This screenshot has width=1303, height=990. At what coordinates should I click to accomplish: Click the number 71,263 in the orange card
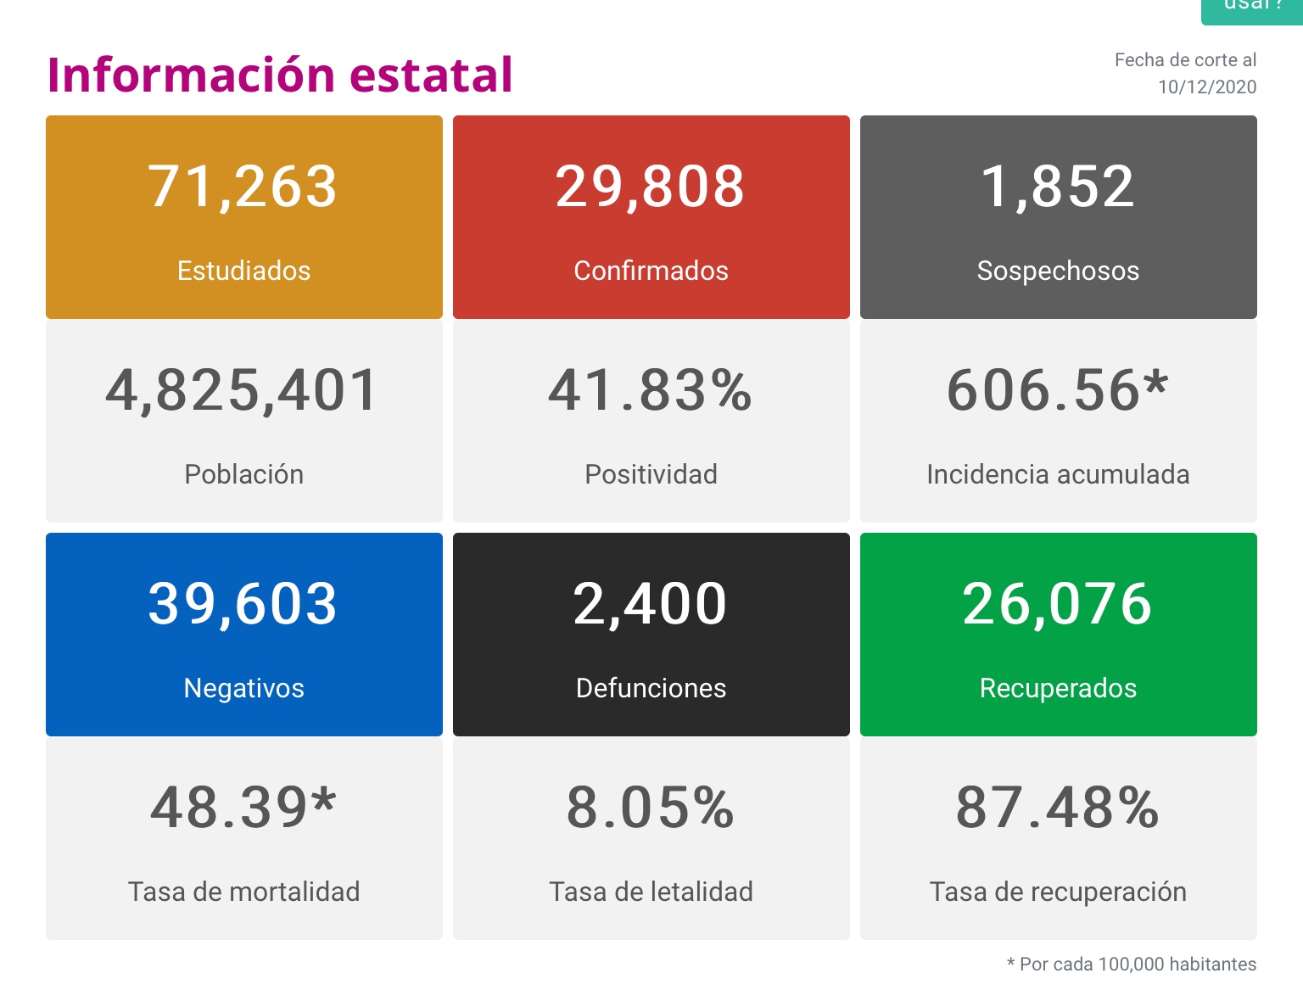243,187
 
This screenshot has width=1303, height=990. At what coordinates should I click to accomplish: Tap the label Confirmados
651,271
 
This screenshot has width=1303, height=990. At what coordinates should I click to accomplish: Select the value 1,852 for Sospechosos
1058,187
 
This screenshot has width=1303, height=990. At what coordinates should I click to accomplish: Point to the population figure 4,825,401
243,391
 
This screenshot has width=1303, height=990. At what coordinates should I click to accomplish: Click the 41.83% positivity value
651,391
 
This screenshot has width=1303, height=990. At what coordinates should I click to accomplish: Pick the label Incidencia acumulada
1058,474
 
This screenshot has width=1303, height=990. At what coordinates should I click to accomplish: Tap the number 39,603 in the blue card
243,604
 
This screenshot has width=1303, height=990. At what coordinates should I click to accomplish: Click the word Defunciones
651,688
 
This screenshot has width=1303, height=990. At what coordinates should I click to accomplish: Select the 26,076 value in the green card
1058,604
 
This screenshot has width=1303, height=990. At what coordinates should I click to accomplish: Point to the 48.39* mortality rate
243,808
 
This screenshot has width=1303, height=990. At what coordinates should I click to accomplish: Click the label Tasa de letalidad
651,892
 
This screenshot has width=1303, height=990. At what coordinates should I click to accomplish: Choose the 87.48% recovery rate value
1058,808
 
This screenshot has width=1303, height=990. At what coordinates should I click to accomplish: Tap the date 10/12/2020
1206,87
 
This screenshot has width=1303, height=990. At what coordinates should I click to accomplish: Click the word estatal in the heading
431,75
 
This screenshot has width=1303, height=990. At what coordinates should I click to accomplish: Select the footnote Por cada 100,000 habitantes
1137,965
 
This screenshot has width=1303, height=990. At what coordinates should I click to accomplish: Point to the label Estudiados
243,271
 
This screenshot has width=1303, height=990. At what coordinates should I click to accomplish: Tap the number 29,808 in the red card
651,187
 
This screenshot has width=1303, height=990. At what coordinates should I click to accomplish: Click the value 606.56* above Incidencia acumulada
1058,391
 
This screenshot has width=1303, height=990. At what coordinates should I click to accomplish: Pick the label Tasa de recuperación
1058,892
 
